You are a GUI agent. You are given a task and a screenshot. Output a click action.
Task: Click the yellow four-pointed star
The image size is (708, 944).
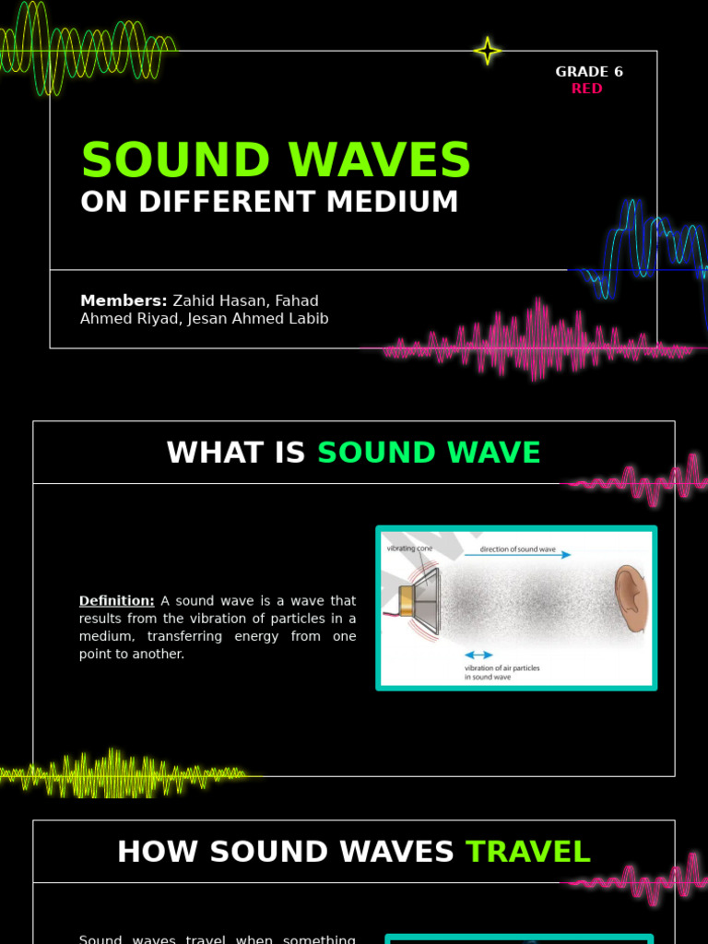pyautogui.click(x=487, y=51)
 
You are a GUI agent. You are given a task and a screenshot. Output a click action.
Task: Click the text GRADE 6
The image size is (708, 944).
pyautogui.click(x=589, y=72)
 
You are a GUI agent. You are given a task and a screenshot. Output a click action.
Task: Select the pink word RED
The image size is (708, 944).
pyautogui.click(x=586, y=88)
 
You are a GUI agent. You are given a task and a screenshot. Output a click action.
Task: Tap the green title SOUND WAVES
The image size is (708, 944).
pyautogui.click(x=276, y=161)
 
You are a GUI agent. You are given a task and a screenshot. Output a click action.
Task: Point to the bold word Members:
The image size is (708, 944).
pyautogui.click(x=124, y=301)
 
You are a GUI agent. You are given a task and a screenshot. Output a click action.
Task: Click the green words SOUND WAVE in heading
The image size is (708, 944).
pyautogui.click(x=429, y=453)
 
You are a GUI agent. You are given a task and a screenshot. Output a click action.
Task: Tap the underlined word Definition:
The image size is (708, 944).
pyautogui.click(x=116, y=601)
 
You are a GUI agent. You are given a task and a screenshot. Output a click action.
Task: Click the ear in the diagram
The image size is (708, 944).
pyautogui.click(x=631, y=598)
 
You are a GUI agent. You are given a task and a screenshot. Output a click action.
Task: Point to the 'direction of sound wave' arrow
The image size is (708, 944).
pyautogui.click(x=517, y=555)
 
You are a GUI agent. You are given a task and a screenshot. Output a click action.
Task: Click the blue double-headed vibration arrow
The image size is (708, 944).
pyautogui.click(x=478, y=655)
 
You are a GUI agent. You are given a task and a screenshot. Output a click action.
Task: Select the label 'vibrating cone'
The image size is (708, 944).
pyautogui.click(x=409, y=549)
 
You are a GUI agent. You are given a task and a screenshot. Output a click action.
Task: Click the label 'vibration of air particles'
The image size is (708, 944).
pyautogui.click(x=502, y=667)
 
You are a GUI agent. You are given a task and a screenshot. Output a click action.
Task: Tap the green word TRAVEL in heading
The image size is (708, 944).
pyautogui.click(x=528, y=852)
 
